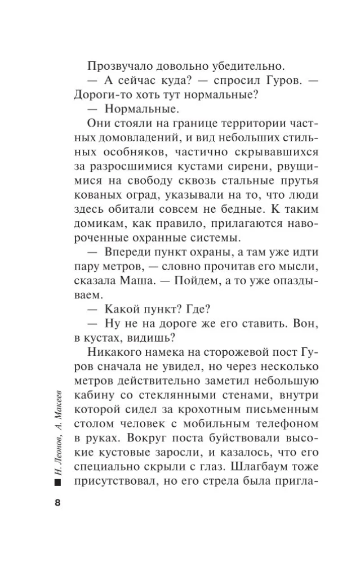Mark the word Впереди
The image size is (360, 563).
[129, 256]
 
